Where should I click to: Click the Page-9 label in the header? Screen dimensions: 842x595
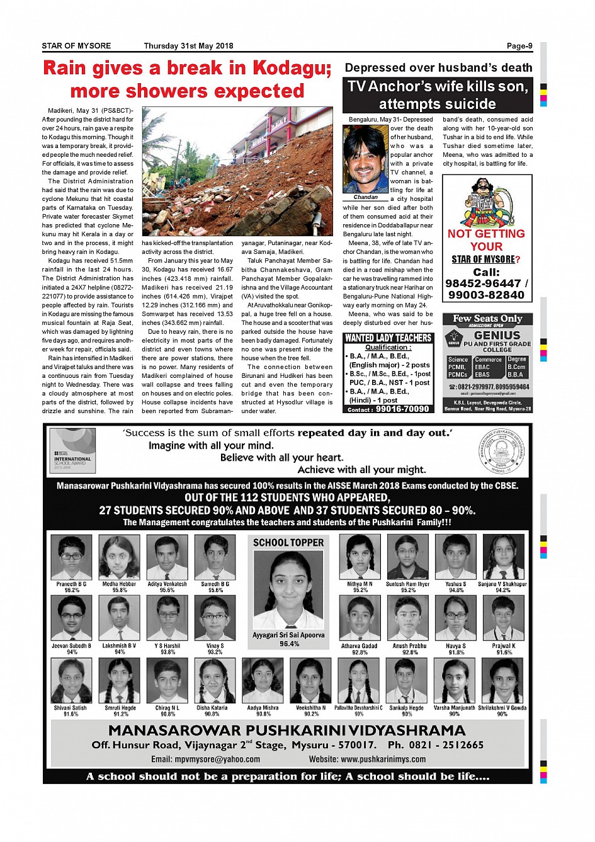pyautogui.click(x=519, y=46)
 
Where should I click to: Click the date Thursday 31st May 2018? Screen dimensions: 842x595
pyautogui.click(x=188, y=46)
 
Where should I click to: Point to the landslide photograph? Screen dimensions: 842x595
pyautogui.click(x=237, y=171)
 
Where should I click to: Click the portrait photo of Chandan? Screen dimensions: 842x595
pyautogui.click(x=366, y=159)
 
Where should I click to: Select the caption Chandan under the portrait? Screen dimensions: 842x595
pyautogui.click(x=366, y=197)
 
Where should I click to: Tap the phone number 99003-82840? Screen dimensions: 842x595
pyautogui.click(x=486, y=295)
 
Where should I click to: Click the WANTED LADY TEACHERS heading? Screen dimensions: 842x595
pyautogui.click(x=388, y=338)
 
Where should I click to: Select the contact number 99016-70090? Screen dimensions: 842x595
pyautogui.click(x=402, y=409)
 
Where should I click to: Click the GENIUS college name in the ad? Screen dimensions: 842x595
pyautogui.click(x=497, y=336)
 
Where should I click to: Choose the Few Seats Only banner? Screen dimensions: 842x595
pyautogui.click(x=487, y=319)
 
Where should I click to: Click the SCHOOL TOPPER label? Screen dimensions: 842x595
pyautogui.click(x=288, y=542)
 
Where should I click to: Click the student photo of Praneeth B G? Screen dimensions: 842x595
pyautogui.click(x=71, y=557)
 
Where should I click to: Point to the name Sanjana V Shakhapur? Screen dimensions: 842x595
pyautogui.click(x=502, y=584)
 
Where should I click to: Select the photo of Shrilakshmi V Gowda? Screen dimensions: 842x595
pyautogui.click(x=502, y=681)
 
